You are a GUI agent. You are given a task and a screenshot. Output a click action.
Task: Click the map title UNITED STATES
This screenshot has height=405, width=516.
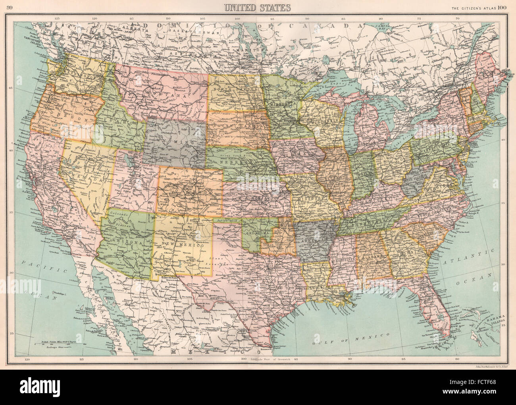tap(257, 8)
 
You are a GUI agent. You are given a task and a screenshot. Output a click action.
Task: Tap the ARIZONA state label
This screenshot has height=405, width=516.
tap(123, 241)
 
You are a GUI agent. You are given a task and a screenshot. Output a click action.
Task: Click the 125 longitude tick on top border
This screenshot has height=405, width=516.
tap(57, 18)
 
